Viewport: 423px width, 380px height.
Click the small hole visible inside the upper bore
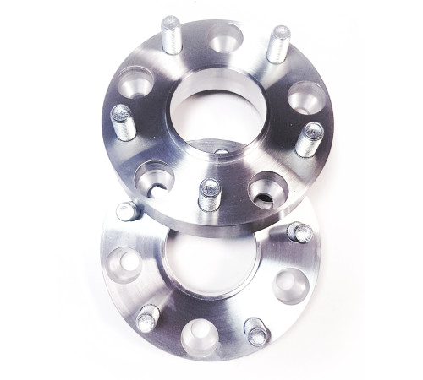(219, 155)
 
